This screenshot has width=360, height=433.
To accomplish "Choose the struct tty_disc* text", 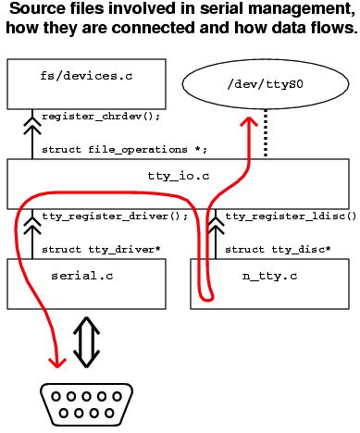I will [x=278, y=249].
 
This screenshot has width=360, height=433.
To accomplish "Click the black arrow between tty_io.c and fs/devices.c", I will [x=34, y=134].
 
